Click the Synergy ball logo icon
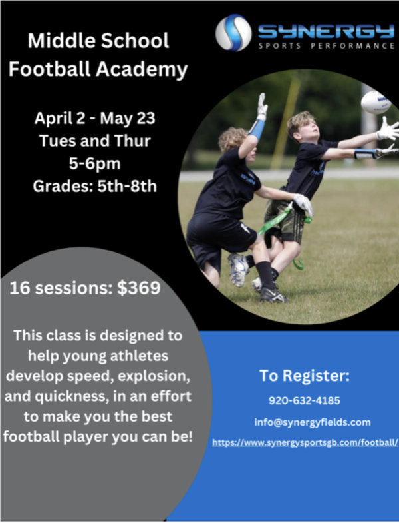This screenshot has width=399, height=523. pos(233,33)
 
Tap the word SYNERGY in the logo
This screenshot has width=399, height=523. pos(326,32)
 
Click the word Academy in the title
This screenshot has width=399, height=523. pos(142,69)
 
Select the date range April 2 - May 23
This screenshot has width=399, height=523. pos(94,118)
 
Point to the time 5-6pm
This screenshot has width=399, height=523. pos(95,163)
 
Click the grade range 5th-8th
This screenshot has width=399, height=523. pos(127,186)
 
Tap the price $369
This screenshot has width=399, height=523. pos(139,288)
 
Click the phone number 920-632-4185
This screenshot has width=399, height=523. pos(305,400)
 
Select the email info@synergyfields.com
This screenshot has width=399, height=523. pos(313,422)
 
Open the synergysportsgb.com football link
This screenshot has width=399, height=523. pos(305,442)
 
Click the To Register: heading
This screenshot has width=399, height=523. pos(305,376)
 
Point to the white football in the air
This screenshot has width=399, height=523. pos(376,102)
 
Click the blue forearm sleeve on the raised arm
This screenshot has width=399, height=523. pos(257,129)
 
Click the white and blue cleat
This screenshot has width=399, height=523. pos(238,270)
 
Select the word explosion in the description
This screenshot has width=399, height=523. pos(154,376)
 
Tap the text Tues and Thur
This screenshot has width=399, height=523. pos(95,141)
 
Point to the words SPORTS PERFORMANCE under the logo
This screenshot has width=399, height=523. pos(327,46)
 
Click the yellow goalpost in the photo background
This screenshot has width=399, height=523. pos(286,123)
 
